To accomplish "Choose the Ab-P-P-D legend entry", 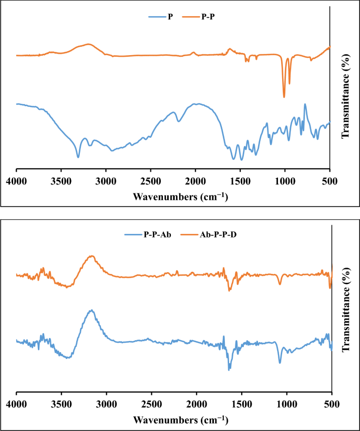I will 217,235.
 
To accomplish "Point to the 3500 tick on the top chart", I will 61,181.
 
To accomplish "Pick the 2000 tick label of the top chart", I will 196,181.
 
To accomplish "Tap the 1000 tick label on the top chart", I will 285,181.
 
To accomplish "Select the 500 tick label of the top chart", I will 330,181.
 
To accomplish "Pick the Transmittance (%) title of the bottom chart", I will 347,316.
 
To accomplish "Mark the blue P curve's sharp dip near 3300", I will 78,157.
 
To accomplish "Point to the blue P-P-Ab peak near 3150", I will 92,310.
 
